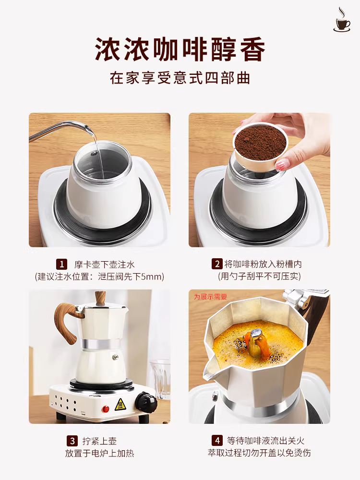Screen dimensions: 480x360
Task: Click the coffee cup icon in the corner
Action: (x=342, y=20)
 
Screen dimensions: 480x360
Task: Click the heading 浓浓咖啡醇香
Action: (x=180, y=50)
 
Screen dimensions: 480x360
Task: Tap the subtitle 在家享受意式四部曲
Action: (x=180, y=78)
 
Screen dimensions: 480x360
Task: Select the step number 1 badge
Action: (x=61, y=264)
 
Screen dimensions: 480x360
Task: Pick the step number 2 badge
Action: (x=217, y=264)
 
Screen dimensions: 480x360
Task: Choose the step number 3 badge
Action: (x=72, y=441)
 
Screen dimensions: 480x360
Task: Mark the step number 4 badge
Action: (x=216, y=441)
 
